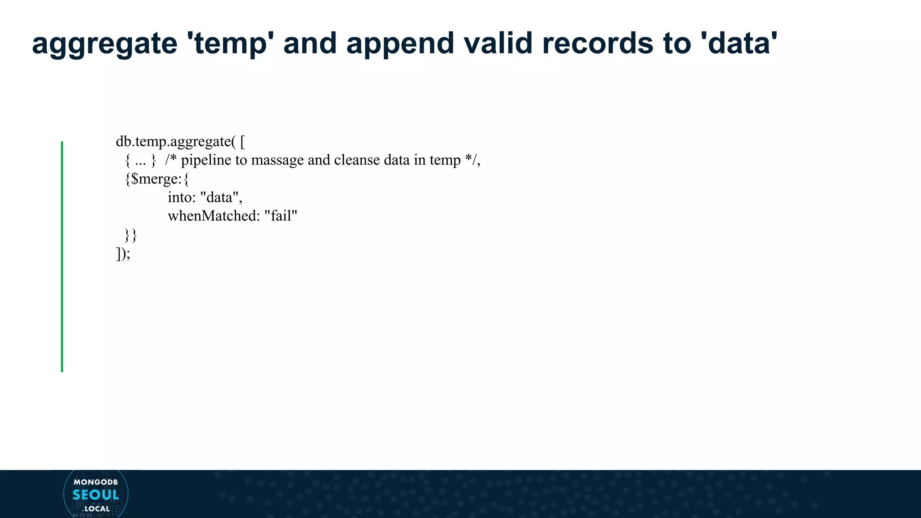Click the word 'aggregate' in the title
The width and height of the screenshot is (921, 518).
[x=105, y=44]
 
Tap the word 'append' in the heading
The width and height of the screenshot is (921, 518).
[x=401, y=44]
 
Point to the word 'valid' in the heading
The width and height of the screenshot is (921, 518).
[x=498, y=43]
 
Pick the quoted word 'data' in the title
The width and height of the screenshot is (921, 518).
[x=739, y=43]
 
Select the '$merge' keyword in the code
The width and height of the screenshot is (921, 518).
[x=155, y=179]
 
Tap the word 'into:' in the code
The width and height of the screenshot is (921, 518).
[x=182, y=197]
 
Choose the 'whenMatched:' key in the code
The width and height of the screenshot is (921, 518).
[x=214, y=216]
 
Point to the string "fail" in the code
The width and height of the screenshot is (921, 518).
[x=281, y=216]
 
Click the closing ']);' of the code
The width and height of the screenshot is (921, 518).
[x=123, y=254]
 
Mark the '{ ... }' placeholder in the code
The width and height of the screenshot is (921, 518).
[x=140, y=161]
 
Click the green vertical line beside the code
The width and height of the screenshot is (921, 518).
[x=62, y=256]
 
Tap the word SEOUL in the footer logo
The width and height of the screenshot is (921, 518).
[x=96, y=495]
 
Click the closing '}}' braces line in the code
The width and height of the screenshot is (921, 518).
[x=131, y=235]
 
